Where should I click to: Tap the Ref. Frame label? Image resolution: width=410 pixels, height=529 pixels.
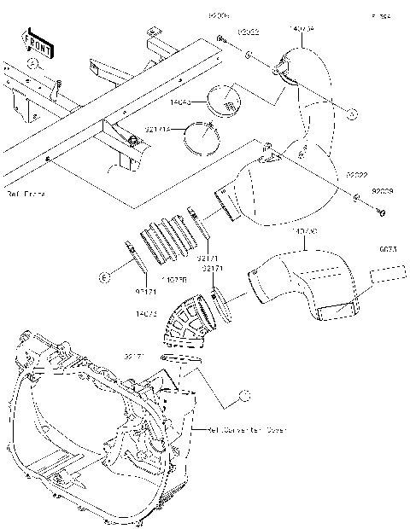[x=25, y=195]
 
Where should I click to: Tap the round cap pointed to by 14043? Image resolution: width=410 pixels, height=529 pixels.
[x=228, y=100]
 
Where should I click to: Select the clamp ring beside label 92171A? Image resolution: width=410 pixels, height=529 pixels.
[x=203, y=137]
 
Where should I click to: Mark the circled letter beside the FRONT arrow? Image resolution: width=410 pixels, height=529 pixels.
[x=32, y=64]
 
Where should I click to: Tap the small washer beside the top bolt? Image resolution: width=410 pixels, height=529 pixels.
[x=246, y=55]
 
